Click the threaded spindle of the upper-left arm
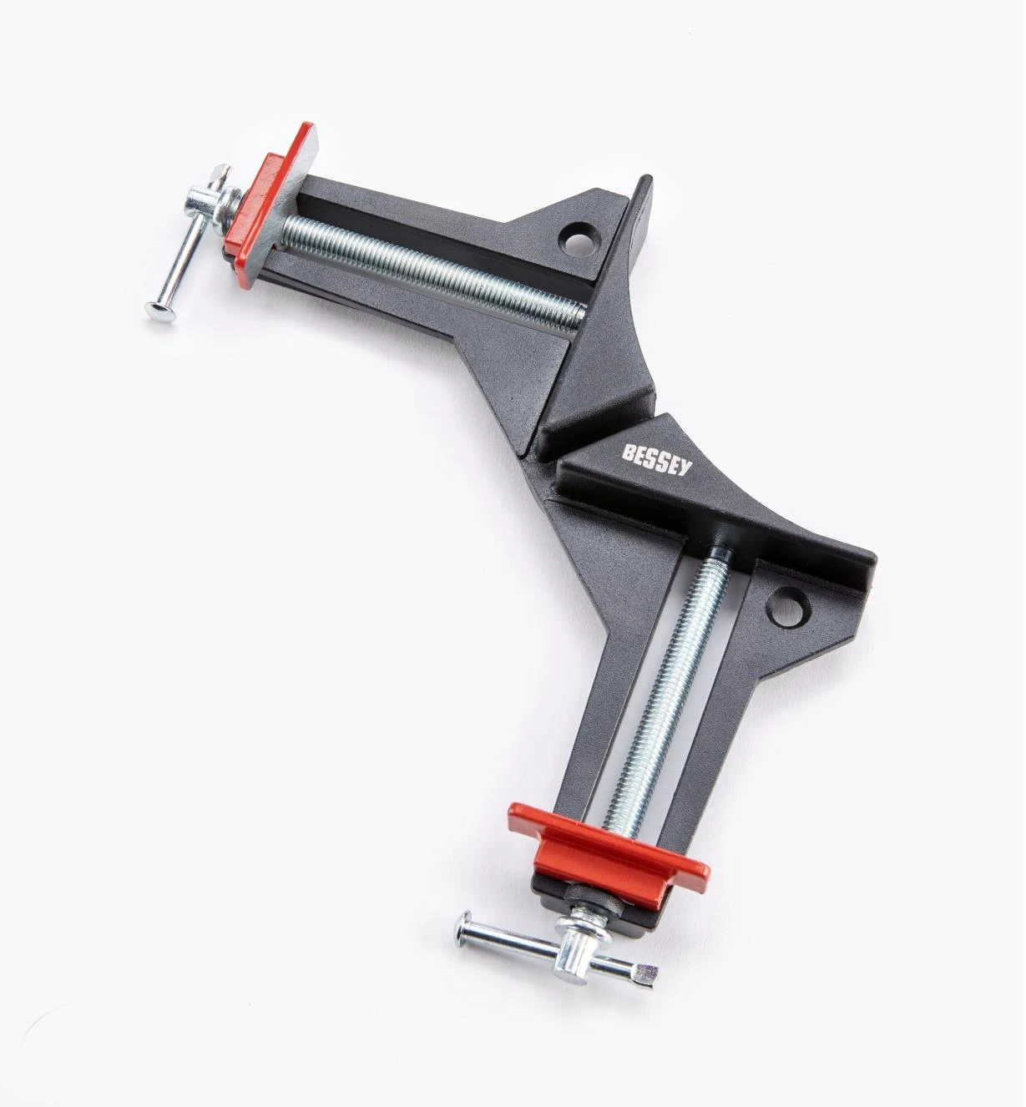tap(434, 267)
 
